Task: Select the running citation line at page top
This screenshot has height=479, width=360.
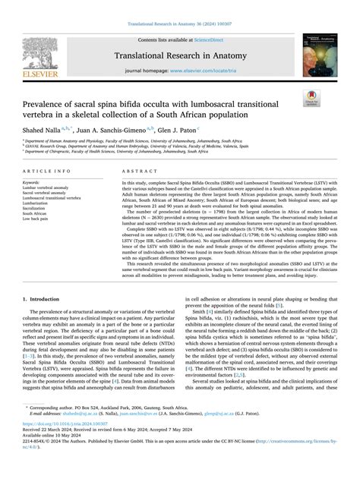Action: click(x=179, y=24)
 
